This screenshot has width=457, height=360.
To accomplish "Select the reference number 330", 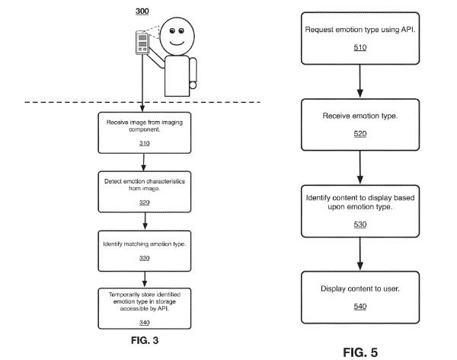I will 144,258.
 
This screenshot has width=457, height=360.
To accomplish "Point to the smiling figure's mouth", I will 177,43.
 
